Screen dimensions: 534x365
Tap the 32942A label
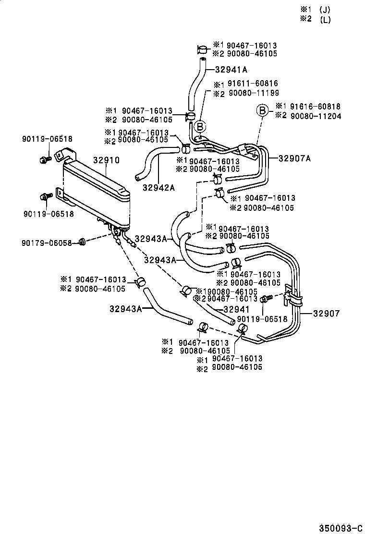click(x=158, y=187)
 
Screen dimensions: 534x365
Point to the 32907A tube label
click(x=294, y=157)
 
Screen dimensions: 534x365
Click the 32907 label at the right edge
click(x=326, y=314)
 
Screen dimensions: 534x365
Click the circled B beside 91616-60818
click(x=262, y=111)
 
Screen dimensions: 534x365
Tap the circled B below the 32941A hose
click(x=199, y=127)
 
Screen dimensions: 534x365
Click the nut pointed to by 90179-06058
click(x=82, y=242)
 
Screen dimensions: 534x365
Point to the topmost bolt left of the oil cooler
click(x=43, y=158)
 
